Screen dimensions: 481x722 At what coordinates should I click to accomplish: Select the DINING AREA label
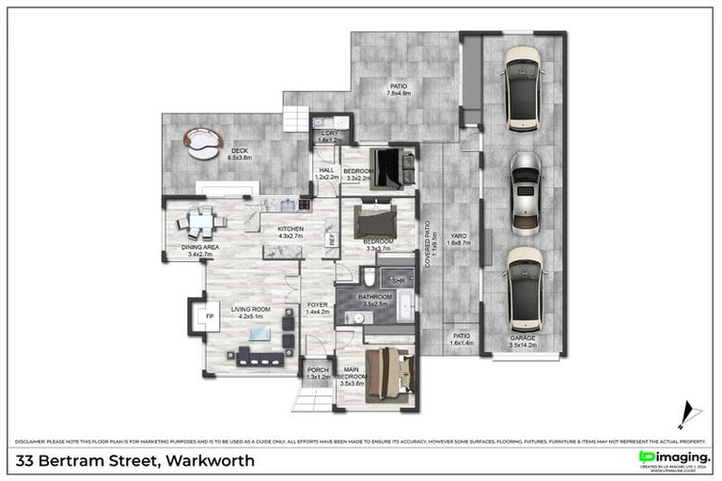(199, 247)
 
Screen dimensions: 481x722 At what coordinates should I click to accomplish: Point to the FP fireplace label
(208, 317)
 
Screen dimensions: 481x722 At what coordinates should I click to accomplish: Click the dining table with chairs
(200, 222)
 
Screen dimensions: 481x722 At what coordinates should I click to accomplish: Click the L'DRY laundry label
(328, 133)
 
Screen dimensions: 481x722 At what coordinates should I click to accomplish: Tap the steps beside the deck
(297, 117)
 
